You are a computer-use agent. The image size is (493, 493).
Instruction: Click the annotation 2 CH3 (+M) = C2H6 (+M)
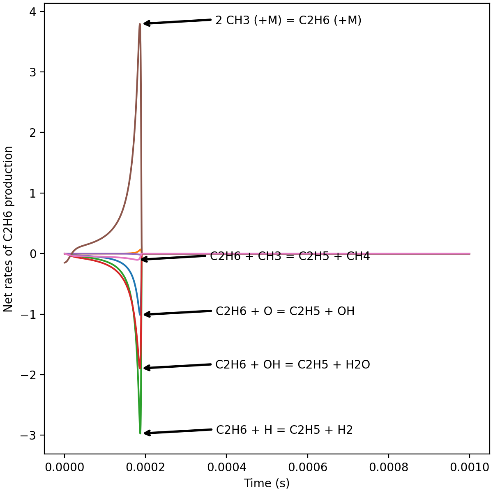click(x=288, y=21)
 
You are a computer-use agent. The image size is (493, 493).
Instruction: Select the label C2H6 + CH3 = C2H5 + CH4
click(x=290, y=256)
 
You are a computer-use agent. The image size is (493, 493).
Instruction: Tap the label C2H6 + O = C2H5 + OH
click(x=285, y=311)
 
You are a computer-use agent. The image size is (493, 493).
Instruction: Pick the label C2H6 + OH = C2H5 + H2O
click(x=293, y=365)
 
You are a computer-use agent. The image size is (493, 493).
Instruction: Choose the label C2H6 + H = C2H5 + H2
click(x=284, y=430)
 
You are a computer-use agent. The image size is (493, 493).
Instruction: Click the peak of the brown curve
click(x=140, y=24)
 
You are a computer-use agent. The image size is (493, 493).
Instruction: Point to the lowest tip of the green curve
click(x=140, y=433)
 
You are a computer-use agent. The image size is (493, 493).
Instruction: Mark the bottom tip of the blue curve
click(x=140, y=315)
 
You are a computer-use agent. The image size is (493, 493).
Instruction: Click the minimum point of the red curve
click(x=140, y=368)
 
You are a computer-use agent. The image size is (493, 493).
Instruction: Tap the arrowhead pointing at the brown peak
click(x=145, y=23)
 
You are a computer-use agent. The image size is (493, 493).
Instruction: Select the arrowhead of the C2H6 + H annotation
click(x=145, y=433)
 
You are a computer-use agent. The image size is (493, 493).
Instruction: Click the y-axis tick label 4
click(x=32, y=12)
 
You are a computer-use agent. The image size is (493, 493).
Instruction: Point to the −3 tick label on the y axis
click(x=29, y=435)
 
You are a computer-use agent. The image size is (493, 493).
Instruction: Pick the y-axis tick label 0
click(x=32, y=253)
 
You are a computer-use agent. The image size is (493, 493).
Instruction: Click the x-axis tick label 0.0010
click(x=470, y=467)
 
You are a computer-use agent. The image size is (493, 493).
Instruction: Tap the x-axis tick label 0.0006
click(x=307, y=467)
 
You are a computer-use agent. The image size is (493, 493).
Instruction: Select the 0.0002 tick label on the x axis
click(x=145, y=467)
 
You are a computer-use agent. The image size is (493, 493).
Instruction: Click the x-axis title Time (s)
click(x=267, y=483)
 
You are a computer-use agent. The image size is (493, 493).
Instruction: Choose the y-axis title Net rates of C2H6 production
click(x=9, y=229)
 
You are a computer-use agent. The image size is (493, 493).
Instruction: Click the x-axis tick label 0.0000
click(x=64, y=467)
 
